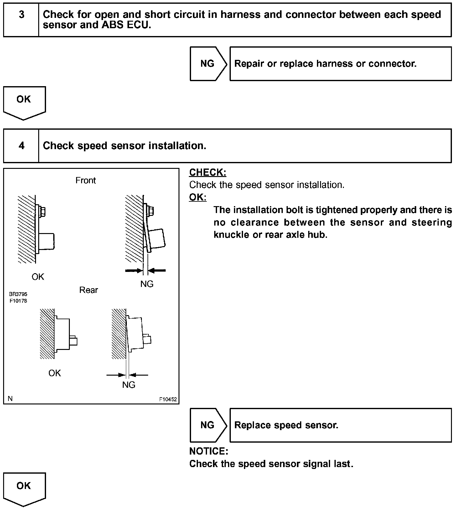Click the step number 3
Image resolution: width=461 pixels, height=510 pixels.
pos(21,15)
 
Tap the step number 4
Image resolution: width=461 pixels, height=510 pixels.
pos(21,146)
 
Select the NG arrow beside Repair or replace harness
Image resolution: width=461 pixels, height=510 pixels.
pos(207,64)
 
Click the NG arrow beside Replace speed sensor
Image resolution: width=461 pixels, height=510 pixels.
pos(207,425)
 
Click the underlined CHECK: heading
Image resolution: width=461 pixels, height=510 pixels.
pos(208,173)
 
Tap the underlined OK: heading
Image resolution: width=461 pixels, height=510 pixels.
pos(198,197)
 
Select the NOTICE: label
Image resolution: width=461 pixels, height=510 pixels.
pos(209,451)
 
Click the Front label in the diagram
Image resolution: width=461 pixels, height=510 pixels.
pos(85,180)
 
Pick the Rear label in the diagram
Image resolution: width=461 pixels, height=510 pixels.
pos(88,290)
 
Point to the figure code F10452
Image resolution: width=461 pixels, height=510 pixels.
pos(168,399)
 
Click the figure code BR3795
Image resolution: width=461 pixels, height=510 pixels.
pos(18,294)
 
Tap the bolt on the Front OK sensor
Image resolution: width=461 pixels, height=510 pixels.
pos(43,211)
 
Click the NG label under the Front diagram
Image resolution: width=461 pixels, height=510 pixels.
pos(147,284)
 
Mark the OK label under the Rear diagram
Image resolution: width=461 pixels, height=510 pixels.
pos(54,373)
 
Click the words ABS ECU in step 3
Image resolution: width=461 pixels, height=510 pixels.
pos(126,25)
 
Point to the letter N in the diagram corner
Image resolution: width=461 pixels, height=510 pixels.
pos(10,398)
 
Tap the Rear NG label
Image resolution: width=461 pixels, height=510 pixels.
pos(129,385)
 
